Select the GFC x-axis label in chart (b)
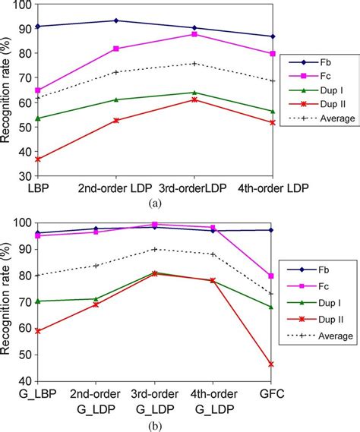coord(271,394)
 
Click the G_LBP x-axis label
coord(36,394)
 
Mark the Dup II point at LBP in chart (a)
coord(37,159)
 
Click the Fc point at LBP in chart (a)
coord(37,90)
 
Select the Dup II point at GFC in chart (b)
coord(271,364)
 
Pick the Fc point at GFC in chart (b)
coord(271,276)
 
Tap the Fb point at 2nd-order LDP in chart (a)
coord(115,20)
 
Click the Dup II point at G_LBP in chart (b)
coord(37,331)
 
